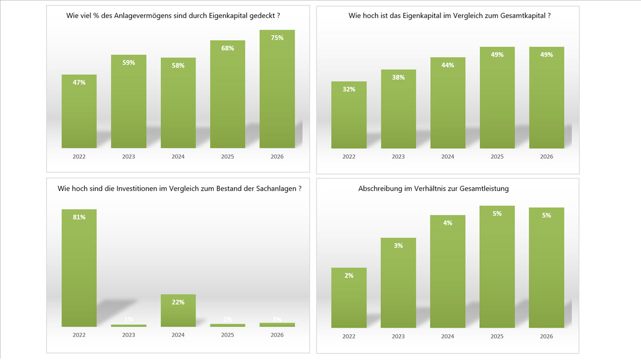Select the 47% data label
[x=79, y=83]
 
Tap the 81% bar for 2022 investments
[x=79, y=270]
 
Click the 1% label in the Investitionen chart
[x=129, y=320]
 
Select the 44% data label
[x=448, y=65]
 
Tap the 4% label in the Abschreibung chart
[x=448, y=223]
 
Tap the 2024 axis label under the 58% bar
[x=178, y=157]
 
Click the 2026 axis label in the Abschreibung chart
[x=546, y=336]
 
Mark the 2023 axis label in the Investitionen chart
[x=129, y=335]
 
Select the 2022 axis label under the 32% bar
[x=349, y=157]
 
